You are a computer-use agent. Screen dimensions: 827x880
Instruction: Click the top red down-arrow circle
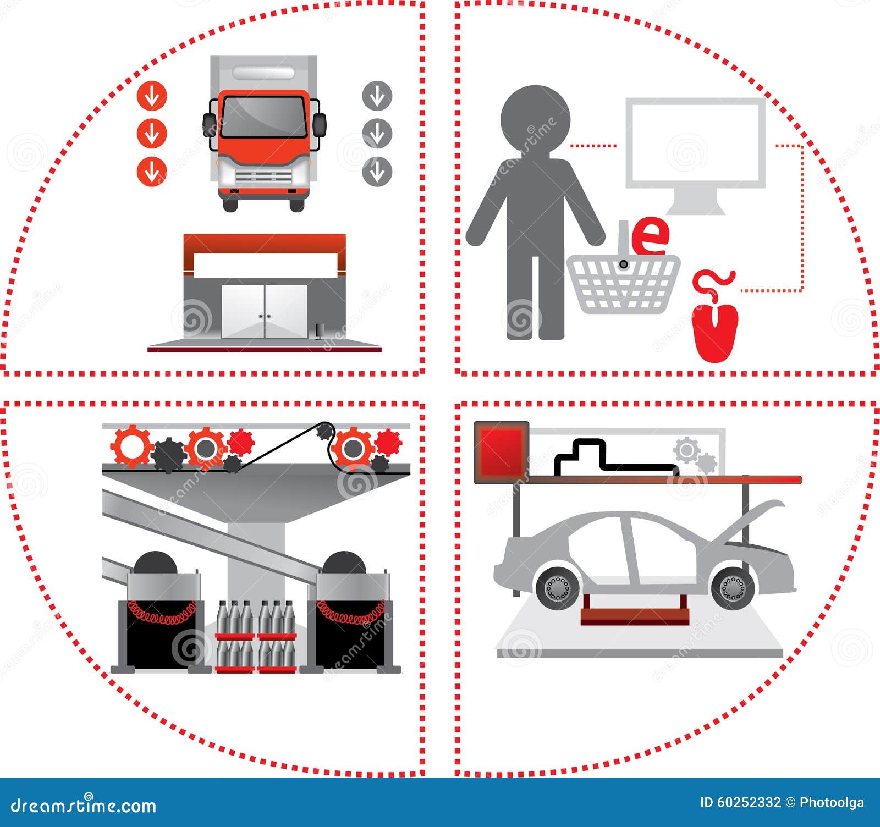(152, 96)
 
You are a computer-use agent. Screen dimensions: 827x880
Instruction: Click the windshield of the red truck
(263, 117)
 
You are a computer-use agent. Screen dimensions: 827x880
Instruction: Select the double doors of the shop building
(264, 311)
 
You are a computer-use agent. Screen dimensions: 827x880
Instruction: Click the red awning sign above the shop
(264, 243)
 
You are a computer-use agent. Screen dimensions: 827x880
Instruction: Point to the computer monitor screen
(695, 143)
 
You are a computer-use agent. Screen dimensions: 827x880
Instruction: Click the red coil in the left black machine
(162, 613)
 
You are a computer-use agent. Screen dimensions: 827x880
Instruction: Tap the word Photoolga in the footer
(831, 802)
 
